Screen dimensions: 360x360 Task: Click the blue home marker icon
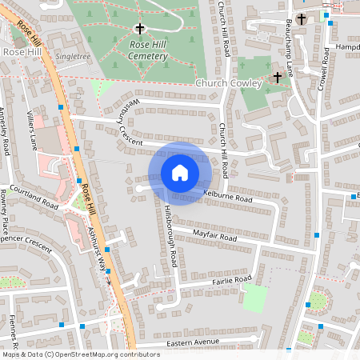(x=180, y=172)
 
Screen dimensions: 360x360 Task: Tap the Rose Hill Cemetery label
(x=137, y=51)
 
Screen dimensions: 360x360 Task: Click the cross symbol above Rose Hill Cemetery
(x=140, y=30)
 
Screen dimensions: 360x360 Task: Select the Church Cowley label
(x=228, y=83)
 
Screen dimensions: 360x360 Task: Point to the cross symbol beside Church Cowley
(x=278, y=78)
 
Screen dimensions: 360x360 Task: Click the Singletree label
(x=74, y=58)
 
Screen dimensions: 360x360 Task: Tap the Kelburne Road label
(x=228, y=196)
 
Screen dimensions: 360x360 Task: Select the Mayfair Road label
(x=215, y=235)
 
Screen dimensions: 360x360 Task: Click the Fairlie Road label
(x=232, y=280)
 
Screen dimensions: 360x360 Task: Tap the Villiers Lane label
(x=32, y=130)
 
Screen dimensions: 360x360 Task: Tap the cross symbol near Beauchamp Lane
(x=301, y=19)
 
